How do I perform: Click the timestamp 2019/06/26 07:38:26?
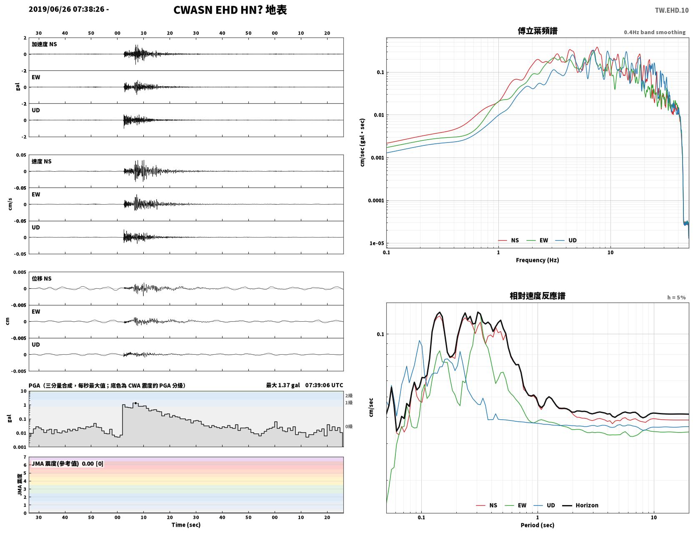click(x=67, y=9)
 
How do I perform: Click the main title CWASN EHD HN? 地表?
click(x=230, y=10)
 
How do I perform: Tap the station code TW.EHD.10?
click(x=672, y=10)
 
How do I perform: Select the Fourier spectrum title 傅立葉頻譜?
click(x=538, y=31)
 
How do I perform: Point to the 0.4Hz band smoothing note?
click(x=654, y=32)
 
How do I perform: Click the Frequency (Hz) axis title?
click(x=538, y=260)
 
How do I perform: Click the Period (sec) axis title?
click(x=538, y=525)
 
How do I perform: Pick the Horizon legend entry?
click(x=580, y=505)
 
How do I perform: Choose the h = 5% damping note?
click(x=676, y=298)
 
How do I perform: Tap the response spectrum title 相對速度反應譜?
click(x=538, y=296)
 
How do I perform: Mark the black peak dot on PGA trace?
click(x=135, y=403)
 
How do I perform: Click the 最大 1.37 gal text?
click(x=283, y=385)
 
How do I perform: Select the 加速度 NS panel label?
click(x=44, y=44)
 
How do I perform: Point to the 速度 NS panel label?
click(x=41, y=161)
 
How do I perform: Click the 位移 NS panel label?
click(x=41, y=278)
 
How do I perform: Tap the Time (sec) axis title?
click(x=186, y=525)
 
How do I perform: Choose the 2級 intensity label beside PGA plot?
click(x=349, y=395)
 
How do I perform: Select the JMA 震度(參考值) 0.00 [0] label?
click(x=67, y=463)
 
